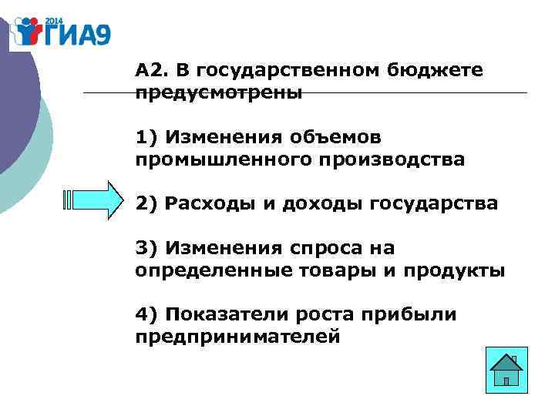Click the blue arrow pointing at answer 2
[95, 201]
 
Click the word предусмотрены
[219, 93]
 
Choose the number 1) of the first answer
[146, 137]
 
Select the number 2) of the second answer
[146, 204]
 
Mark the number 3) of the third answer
[146, 248]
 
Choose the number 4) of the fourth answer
[146, 315]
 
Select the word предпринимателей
[237, 337]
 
